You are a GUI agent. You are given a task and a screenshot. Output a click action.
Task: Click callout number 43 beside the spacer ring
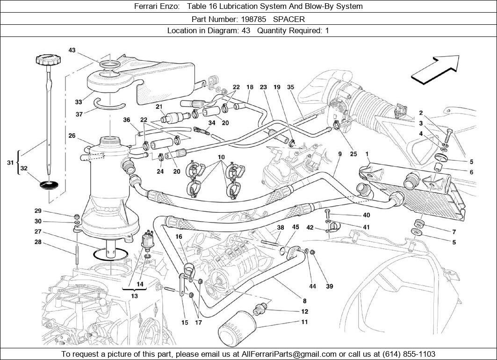(72, 50)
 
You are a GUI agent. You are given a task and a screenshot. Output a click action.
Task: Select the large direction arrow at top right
(434, 69)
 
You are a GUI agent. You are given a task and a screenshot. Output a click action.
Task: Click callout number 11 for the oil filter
(304, 322)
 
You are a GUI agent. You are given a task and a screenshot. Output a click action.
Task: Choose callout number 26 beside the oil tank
(72, 136)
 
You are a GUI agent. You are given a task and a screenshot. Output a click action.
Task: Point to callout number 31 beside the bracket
(10, 162)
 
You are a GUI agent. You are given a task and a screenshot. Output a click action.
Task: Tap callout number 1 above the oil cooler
(367, 154)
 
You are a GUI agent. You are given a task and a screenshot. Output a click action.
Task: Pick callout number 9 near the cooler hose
(340, 154)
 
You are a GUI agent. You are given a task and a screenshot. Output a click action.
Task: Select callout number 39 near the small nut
(330, 287)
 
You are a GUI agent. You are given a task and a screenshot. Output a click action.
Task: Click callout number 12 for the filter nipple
(304, 311)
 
